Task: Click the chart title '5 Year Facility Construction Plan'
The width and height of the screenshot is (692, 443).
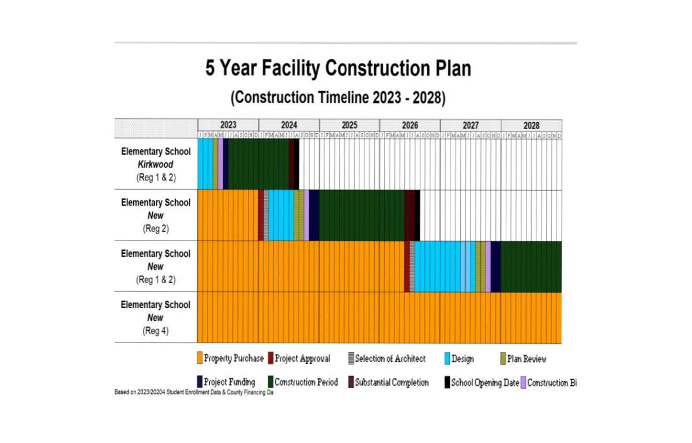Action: click(338, 69)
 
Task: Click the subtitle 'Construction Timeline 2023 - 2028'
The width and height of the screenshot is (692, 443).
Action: click(338, 97)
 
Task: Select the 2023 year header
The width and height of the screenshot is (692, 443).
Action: click(228, 125)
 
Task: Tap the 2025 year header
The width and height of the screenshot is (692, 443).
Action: click(349, 125)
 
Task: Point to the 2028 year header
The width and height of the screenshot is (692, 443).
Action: click(531, 125)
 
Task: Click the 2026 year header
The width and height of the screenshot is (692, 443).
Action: click(409, 125)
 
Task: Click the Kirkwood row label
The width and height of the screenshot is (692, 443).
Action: click(155, 164)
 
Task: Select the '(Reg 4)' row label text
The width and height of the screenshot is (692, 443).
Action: click(155, 331)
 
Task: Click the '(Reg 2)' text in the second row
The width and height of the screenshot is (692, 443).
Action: click(155, 228)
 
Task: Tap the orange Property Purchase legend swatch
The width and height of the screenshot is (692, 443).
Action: click(200, 359)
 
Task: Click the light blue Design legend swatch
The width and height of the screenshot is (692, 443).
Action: click(447, 359)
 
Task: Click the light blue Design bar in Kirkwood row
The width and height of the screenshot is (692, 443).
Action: click(205, 164)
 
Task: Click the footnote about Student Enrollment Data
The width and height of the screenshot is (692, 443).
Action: click(193, 392)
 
